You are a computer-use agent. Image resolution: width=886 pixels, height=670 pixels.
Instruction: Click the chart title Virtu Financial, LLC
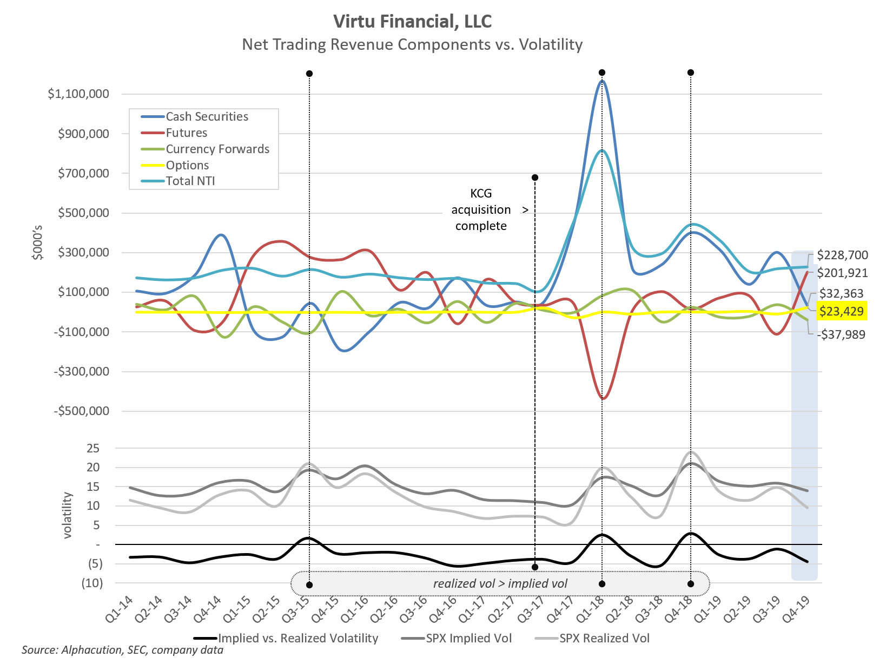[412, 21]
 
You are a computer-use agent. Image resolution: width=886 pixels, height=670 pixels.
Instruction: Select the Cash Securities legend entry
[207, 117]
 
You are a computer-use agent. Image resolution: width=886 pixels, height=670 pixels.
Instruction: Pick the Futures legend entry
[186, 133]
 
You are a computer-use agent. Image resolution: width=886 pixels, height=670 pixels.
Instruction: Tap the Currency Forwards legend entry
[217, 149]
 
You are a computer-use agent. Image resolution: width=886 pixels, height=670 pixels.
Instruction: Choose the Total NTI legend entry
[190, 181]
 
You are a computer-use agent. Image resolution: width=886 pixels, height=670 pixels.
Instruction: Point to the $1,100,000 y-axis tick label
[78, 94]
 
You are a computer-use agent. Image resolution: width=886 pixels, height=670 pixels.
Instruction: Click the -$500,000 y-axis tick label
[82, 411]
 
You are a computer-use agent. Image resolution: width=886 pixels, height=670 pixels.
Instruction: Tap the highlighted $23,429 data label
[841, 311]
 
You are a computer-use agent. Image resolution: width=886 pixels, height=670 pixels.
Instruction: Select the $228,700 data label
[842, 255]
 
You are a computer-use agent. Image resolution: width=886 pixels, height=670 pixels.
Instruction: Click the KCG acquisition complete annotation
[481, 210]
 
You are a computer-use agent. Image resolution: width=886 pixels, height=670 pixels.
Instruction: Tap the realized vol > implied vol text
[500, 583]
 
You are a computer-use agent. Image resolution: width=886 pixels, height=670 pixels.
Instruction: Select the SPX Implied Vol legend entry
[468, 639]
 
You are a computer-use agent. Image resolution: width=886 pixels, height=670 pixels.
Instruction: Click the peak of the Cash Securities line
[602, 82]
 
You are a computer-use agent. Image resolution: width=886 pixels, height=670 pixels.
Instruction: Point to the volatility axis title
[68, 515]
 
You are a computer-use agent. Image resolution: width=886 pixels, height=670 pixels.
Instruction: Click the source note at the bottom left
[122, 650]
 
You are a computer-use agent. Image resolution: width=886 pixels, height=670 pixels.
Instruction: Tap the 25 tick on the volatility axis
[93, 449]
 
